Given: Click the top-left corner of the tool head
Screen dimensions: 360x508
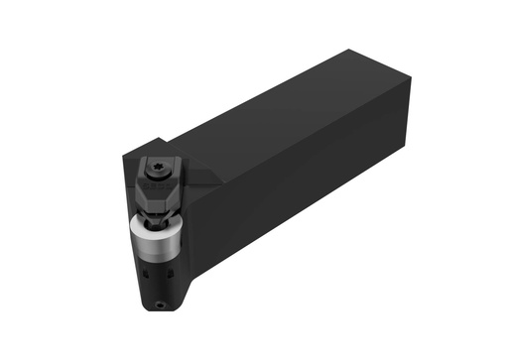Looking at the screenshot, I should tap(123, 156).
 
